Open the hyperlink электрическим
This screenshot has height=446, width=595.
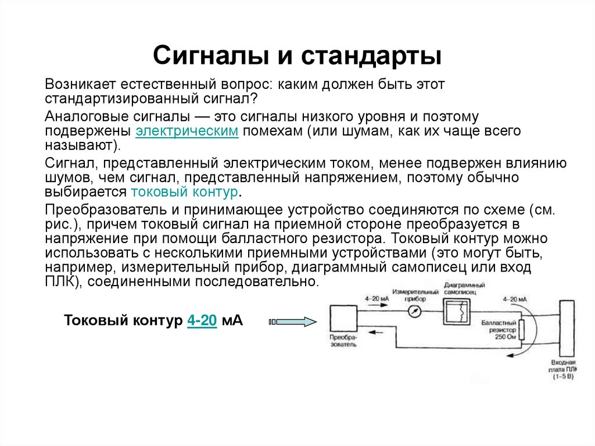[187, 131]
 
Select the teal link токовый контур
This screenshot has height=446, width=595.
[185, 192]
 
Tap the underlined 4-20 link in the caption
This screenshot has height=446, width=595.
[202, 320]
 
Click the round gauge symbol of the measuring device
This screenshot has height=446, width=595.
[414, 312]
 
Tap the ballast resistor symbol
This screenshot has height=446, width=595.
[521, 330]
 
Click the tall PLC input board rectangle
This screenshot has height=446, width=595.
[568, 329]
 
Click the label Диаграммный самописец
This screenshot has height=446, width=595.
[464, 288]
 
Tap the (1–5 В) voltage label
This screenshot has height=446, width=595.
[562, 377]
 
